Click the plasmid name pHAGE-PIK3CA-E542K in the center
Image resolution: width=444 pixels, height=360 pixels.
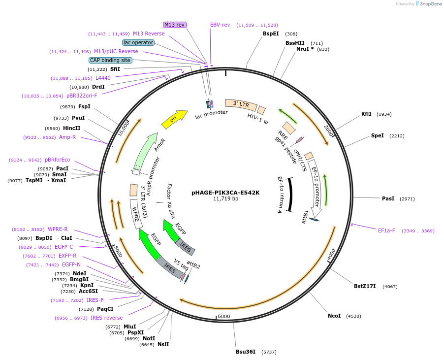225,193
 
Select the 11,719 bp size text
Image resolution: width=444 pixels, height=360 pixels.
225,199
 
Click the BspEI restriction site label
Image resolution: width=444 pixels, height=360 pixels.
271,34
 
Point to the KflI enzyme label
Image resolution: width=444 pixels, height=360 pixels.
366,114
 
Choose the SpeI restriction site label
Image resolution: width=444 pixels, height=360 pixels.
377,135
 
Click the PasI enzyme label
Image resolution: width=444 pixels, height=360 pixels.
388,198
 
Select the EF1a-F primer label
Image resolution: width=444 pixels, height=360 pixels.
386,230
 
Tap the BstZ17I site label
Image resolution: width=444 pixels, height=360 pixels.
365,286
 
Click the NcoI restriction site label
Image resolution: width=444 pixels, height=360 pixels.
334,316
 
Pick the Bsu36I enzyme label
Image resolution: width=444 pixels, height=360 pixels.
246,352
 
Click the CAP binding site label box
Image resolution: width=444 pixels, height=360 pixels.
110,60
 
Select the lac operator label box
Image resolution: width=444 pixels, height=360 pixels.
138,42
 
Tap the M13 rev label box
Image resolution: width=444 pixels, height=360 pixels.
175,25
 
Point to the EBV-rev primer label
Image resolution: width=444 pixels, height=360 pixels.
220,25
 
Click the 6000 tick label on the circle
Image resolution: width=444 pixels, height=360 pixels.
224,316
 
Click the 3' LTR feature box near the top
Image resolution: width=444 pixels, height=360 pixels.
241,104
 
